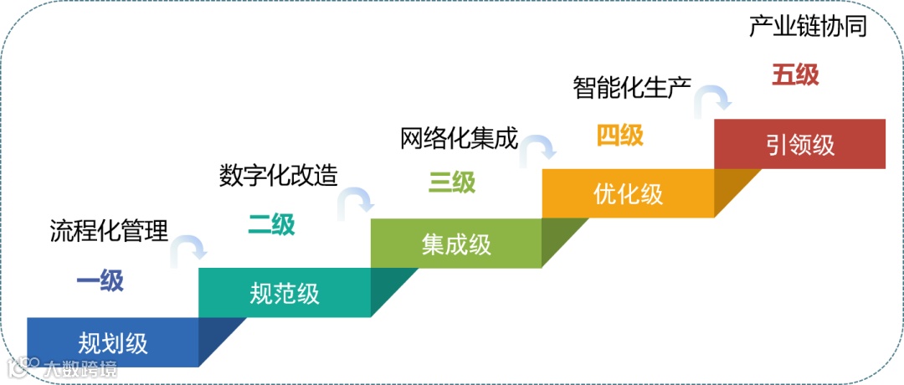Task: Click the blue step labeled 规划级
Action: tap(113, 342)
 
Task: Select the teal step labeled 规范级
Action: tap(285, 293)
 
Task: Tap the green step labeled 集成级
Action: tap(456, 244)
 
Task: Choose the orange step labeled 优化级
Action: tap(628, 193)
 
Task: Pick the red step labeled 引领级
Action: tap(799, 144)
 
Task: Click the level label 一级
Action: tap(100, 281)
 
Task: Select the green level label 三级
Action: tap(452, 182)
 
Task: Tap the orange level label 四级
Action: tap(620, 135)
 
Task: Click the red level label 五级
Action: tap(795, 75)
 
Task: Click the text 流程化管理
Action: tap(110, 229)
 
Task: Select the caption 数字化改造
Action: tap(279, 175)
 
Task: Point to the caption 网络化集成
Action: tap(460, 136)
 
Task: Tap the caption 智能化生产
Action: tap(632, 87)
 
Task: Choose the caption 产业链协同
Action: tap(808, 27)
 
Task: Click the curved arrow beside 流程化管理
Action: tap(189, 249)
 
